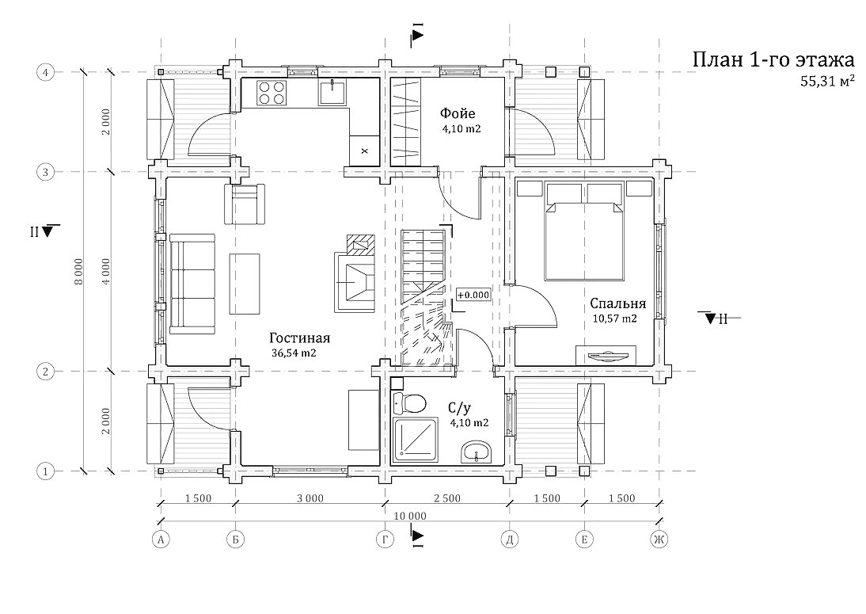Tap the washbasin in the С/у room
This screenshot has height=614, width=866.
pos(476,452)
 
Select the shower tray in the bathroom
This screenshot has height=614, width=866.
pos(416,440)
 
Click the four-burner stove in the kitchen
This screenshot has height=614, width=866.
pos(272,93)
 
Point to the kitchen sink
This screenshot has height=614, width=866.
pos(332,92)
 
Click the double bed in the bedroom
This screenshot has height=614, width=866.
pos(583,232)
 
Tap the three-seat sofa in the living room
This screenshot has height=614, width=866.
pos(192,284)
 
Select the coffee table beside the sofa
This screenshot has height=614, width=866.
pos(245,284)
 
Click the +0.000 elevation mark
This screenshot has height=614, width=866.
pos(473,296)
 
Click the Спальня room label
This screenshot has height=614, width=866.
pos(618,303)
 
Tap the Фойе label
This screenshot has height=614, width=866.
pos(458,113)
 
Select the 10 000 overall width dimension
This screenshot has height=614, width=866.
pos(410,517)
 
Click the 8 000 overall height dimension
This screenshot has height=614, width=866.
pos(79,272)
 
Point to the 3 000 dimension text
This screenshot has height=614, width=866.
pos(310,498)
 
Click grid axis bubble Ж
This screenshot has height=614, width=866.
pos(659,540)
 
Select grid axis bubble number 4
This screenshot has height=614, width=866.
pos(45,72)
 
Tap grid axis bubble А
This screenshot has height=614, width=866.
pos(161,540)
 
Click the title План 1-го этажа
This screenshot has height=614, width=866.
pos(773,59)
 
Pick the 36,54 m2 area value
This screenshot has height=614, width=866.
pos(294,353)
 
